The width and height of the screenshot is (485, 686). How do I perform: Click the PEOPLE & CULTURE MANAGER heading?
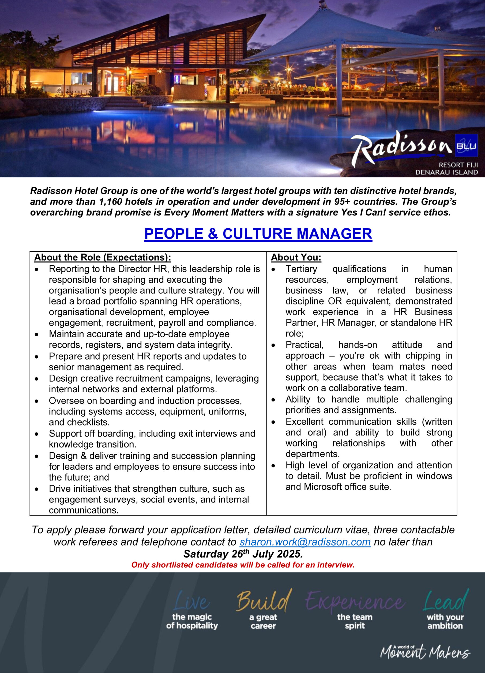coord(258,234)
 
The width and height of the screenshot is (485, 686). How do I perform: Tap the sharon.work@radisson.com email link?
coord(305,542)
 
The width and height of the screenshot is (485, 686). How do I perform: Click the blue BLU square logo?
coord(466,146)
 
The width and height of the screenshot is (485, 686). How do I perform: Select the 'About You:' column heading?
coord(296,258)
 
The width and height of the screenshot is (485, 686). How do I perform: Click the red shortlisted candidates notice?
coord(243,565)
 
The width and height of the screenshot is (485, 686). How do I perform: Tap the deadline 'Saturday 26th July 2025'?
coord(243,554)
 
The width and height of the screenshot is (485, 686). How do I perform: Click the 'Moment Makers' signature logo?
coord(425,652)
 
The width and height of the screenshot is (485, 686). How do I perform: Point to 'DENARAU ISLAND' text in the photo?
coord(446,172)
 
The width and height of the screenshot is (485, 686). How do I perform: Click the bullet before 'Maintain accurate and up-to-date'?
coord(36,335)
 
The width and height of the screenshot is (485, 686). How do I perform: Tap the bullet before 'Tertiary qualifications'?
coord(273,270)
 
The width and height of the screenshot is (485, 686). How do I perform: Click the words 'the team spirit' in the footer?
coord(355,621)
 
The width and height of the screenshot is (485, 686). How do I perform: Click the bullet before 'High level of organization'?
coord(273,466)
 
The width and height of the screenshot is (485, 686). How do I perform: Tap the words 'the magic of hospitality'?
coord(192,621)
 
